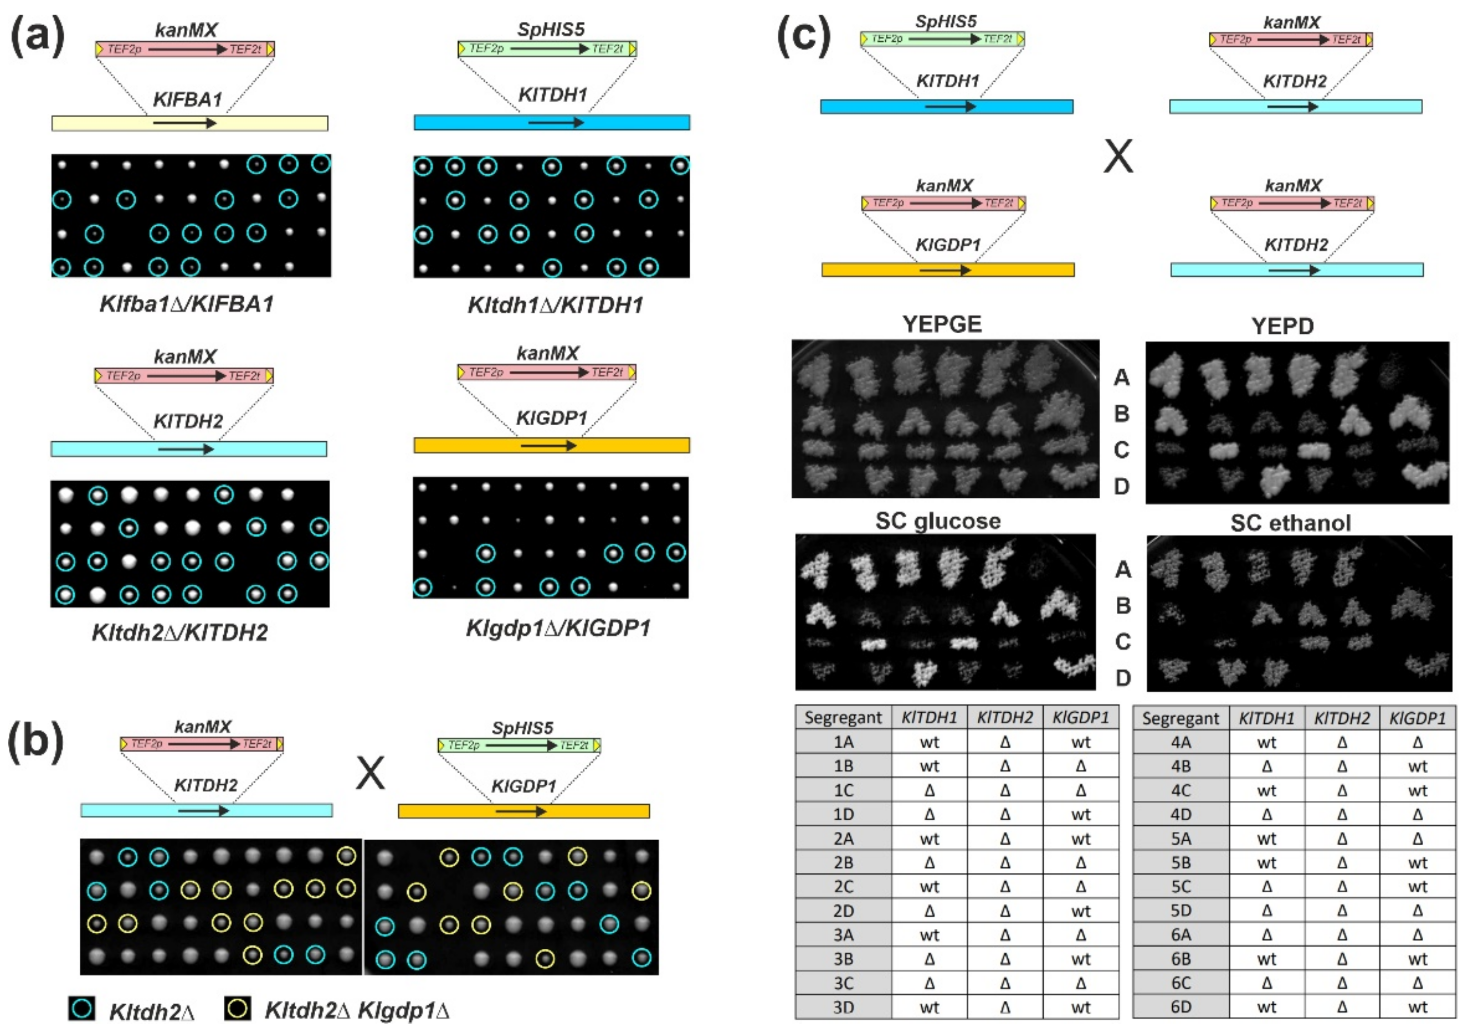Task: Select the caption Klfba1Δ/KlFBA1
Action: [187, 304]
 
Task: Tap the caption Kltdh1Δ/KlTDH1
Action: [555, 306]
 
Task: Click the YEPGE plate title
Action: [941, 325]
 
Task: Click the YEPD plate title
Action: [1282, 326]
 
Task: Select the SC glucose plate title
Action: [937, 522]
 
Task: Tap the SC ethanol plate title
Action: [1290, 524]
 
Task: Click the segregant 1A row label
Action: [843, 742]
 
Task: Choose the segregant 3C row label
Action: [843, 983]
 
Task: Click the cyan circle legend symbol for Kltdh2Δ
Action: [82, 1008]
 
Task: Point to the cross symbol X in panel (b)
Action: [371, 773]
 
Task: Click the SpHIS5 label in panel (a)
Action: [550, 29]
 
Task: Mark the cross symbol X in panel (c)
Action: [1118, 157]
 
